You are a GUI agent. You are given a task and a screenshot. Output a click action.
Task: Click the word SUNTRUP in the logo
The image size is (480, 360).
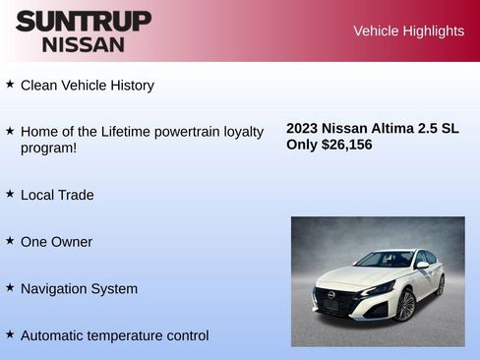pyautogui.click(x=84, y=21)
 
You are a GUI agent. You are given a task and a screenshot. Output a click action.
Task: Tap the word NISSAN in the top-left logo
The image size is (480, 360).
pyautogui.click(x=84, y=44)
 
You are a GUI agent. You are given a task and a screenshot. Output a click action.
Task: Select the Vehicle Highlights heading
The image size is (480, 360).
pyautogui.click(x=408, y=31)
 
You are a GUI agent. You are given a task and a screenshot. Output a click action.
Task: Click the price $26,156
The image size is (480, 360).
pyautogui.click(x=347, y=145)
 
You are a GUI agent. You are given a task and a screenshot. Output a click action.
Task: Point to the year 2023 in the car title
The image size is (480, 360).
pyautogui.click(x=304, y=128)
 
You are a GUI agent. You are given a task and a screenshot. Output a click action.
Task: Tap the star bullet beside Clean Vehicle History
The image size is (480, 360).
pyautogui.click(x=10, y=85)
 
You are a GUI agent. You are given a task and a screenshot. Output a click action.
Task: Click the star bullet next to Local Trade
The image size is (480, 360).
pyautogui.click(x=10, y=194)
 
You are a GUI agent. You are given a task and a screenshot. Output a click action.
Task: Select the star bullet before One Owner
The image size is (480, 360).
pyautogui.click(x=10, y=240)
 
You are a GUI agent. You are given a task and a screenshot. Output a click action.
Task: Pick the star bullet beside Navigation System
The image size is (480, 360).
pyautogui.click(x=10, y=287)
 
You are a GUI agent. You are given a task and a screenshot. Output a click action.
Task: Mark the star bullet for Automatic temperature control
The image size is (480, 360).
pyautogui.click(x=10, y=334)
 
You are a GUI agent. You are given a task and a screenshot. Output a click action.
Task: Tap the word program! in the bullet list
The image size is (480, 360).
pyautogui.click(x=49, y=149)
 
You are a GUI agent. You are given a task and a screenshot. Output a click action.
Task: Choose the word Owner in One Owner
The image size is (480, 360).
pyautogui.click(x=73, y=242)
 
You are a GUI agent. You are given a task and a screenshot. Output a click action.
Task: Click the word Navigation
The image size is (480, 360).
pyautogui.click(x=55, y=289)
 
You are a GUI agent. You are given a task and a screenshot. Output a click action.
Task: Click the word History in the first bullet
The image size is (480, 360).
pyautogui.click(x=129, y=86)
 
